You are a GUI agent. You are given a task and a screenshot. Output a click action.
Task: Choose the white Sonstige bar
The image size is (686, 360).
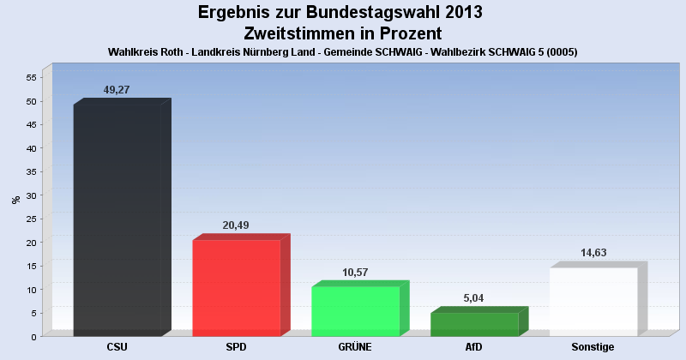[x=593, y=301]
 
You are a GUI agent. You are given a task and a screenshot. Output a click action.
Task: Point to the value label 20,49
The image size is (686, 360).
[x=236, y=225]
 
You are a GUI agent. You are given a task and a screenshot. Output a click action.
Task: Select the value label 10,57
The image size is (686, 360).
[x=354, y=272]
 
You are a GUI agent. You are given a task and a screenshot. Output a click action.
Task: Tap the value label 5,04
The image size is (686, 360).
[x=474, y=297]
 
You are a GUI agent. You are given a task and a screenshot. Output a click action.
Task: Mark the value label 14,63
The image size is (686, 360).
[x=593, y=253]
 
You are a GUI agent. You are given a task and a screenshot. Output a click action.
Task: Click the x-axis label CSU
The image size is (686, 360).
[x=117, y=347]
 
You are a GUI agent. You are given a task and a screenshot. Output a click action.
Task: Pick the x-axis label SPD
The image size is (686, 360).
[x=236, y=347]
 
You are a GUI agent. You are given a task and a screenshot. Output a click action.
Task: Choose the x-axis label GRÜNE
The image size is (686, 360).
[x=355, y=347]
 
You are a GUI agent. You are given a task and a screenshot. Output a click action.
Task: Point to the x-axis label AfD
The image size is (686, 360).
[x=473, y=347]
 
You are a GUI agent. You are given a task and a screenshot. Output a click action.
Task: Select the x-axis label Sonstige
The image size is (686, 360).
[x=593, y=347]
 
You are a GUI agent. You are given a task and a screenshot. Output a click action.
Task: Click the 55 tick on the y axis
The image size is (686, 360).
[x=30, y=78]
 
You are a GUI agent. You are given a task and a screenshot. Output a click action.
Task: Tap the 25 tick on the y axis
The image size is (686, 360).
[x=30, y=219]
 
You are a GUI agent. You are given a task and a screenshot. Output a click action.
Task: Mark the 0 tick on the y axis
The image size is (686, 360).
[x=33, y=337]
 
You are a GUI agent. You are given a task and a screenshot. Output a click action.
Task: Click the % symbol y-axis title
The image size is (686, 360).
[x=15, y=200]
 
